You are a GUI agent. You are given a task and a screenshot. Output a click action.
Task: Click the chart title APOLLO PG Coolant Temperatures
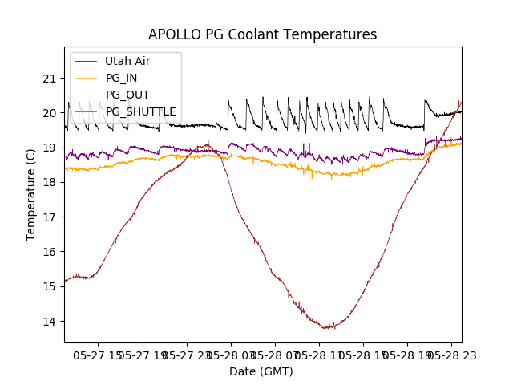[x=262, y=34]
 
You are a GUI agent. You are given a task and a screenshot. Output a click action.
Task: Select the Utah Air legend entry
[x=127, y=61]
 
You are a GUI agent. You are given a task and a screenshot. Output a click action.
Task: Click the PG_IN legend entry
[x=121, y=78]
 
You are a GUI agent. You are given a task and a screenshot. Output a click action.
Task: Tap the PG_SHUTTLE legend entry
[x=140, y=111]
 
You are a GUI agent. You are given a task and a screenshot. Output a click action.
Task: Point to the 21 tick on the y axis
[x=50, y=79]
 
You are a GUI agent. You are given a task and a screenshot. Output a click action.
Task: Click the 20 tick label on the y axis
[x=50, y=113]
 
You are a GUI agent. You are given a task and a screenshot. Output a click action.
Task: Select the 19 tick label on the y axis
[x=50, y=148]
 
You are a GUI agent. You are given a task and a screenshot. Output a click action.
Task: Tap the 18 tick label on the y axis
[x=50, y=183]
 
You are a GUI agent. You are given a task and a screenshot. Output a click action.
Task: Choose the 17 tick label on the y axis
[x=50, y=217]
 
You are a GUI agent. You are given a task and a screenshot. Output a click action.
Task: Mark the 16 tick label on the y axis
[x=50, y=252]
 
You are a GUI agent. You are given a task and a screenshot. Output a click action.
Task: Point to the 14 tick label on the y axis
[x=50, y=322]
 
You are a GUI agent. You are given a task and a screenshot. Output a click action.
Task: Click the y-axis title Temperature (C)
[x=31, y=194]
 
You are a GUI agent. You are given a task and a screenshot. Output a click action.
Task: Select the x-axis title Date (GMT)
[x=261, y=371]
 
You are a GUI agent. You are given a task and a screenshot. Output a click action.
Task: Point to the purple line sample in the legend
[x=87, y=95]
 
